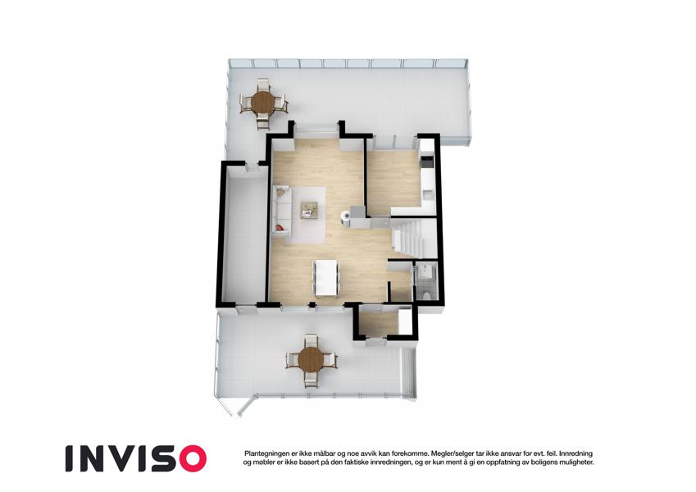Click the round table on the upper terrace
263,103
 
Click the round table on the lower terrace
310,359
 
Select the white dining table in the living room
326,278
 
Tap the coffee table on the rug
309,209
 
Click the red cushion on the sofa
280,228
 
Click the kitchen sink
428,194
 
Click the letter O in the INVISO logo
190,458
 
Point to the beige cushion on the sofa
280,192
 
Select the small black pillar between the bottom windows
312,304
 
